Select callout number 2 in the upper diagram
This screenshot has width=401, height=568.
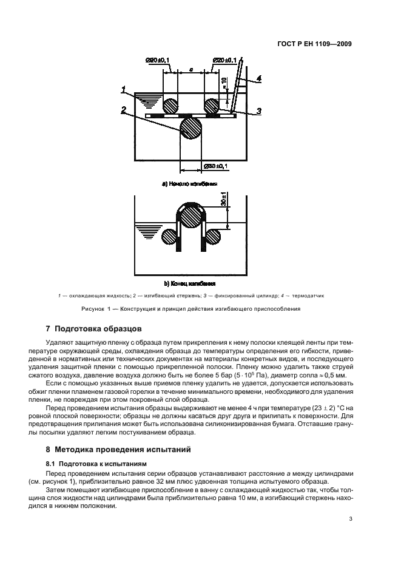pyautogui.click(x=123, y=110)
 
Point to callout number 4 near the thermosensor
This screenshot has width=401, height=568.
pyautogui.click(x=258, y=79)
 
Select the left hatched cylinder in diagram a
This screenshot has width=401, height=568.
pyautogui.click(x=169, y=106)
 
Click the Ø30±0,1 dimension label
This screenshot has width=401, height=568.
pyautogui.click(x=215, y=166)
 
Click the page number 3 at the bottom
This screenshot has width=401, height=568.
pyautogui.click(x=351, y=519)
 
